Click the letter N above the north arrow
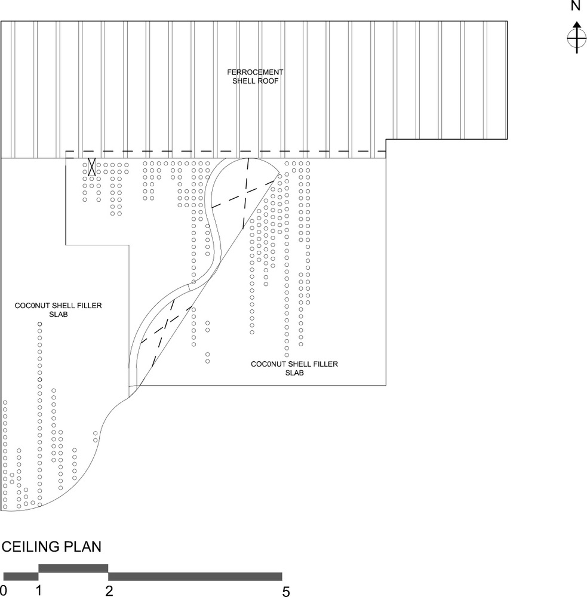(x=576, y=7)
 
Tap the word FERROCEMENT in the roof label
(x=254, y=72)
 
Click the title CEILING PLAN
(x=51, y=546)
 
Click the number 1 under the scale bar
(x=39, y=591)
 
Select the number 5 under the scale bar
(x=286, y=591)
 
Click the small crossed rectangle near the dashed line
(x=92, y=167)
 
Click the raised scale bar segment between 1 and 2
(x=73, y=568)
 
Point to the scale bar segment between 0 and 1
(x=21, y=576)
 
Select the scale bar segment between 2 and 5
(x=195, y=576)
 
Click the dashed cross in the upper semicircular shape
(x=245, y=191)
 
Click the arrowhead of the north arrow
(x=576, y=25)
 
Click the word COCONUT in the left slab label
(x=32, y=306)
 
